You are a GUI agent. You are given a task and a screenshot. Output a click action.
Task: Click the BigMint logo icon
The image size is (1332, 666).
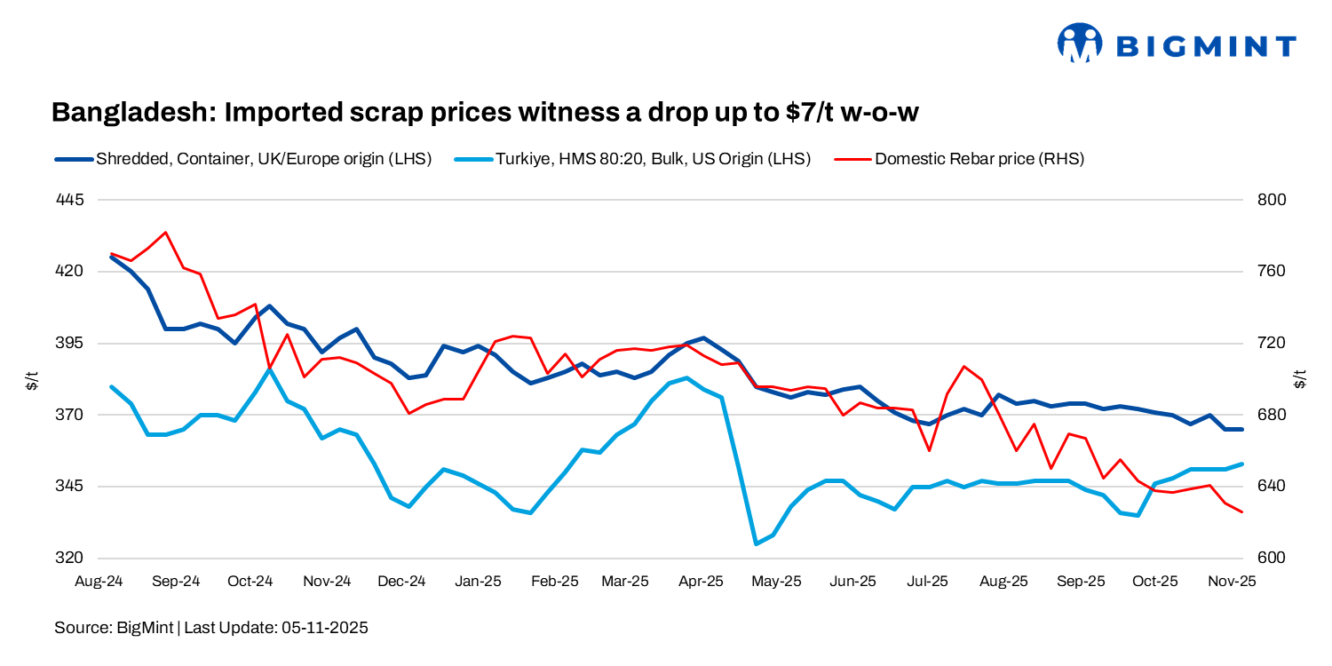(x=1079, y=44)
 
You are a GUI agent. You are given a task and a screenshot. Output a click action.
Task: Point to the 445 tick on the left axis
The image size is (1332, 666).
(x=69, y=200)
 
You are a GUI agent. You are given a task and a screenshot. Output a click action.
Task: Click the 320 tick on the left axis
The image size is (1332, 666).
(x=69, y=559)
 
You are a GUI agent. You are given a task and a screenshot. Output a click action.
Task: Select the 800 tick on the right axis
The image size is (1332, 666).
(x=1273, y=200)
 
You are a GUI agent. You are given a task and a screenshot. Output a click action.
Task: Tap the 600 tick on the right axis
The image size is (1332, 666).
(x=1273, y=559)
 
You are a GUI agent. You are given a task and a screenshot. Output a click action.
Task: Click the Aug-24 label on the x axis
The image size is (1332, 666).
(x=99, y=582)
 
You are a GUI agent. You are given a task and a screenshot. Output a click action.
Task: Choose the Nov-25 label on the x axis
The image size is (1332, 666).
(x=1231, y=582)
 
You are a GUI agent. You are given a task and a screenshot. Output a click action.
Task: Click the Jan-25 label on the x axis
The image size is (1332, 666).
(x=478, y=582)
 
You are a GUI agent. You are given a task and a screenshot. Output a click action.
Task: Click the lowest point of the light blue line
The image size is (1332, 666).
(x=756, y=543)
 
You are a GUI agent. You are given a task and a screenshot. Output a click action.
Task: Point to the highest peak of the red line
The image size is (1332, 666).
(x=166, y=233)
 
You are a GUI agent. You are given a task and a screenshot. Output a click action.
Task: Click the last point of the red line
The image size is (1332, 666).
(x=1241, y=512)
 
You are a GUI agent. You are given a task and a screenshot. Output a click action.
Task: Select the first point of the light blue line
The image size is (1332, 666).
(x=111, y=387)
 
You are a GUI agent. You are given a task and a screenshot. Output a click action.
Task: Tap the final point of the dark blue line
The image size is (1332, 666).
(x=1241, y=429)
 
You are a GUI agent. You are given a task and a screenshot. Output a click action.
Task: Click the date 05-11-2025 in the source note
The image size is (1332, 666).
(x=324, y=628)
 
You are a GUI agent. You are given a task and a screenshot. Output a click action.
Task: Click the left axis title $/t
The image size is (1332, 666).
(x=32, y=381)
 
